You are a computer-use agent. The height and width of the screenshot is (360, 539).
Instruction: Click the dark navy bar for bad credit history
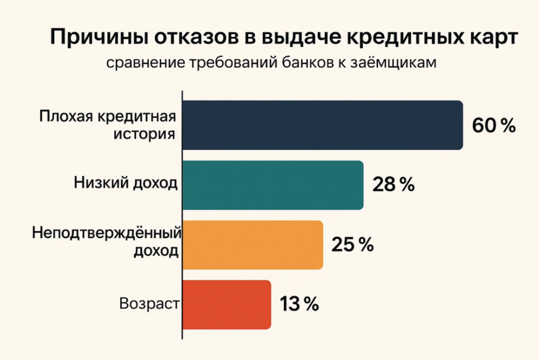322,125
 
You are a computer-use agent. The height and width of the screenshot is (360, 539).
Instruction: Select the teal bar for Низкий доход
273,185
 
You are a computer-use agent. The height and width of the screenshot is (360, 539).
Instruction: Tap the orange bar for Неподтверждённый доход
252,245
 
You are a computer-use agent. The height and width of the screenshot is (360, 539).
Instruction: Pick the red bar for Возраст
226,305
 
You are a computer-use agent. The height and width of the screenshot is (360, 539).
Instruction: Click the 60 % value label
493,126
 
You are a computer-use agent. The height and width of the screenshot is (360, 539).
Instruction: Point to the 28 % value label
394,185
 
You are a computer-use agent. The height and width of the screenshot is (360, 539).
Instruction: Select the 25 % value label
353,245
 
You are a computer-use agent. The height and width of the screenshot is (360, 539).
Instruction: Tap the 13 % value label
299,305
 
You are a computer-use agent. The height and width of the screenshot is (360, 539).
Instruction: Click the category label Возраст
149,304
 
